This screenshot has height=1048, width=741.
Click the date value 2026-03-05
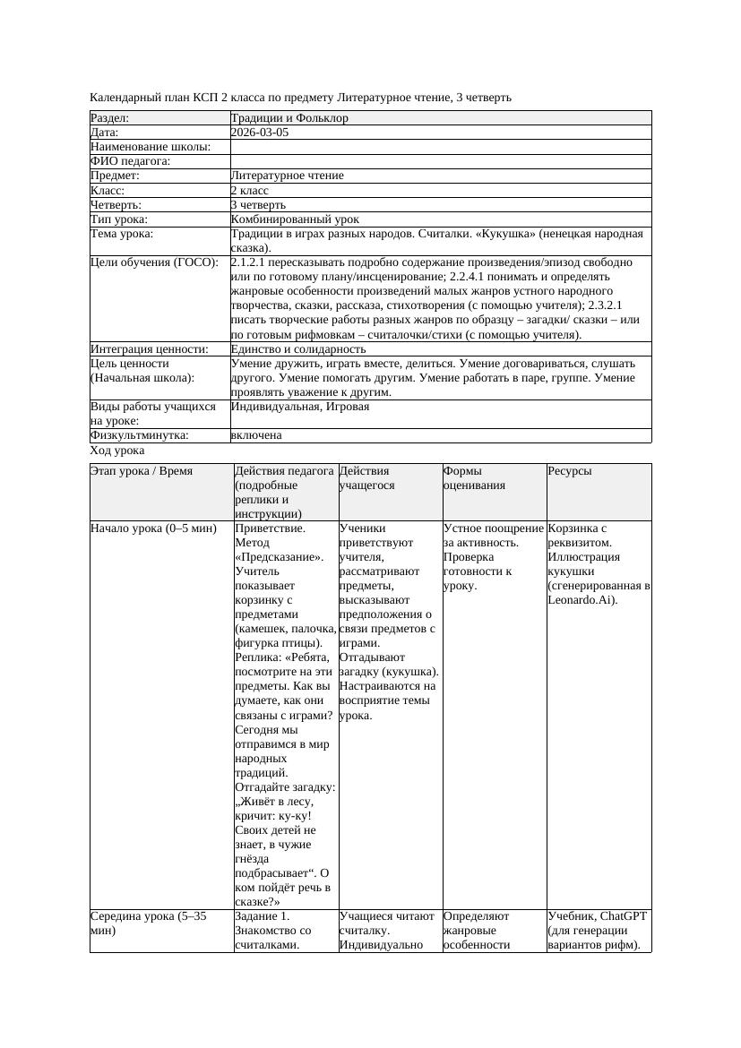pos(260,133)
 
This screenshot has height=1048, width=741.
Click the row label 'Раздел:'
pos(110,118)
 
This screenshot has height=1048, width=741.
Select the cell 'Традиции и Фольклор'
pos(289,118)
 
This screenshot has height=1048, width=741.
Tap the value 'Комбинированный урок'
pos(295,219)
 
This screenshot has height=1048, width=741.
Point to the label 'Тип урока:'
pos(119,219)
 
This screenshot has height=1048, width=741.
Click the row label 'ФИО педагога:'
pos(131,161)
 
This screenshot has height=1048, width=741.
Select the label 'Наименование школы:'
pos(151,147)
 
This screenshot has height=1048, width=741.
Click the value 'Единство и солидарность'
pos(298,349)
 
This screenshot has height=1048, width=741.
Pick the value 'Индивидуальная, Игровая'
pos(300,407)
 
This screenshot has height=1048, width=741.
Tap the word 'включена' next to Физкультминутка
pos(256,435)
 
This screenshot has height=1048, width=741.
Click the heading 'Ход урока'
pos(117,451)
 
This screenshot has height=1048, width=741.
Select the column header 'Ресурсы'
pos(569,471)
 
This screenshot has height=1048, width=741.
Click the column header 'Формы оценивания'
pos(475,478)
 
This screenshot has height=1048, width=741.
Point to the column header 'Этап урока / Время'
pos(142,471)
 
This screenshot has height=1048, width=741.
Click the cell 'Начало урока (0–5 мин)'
pos(154,528)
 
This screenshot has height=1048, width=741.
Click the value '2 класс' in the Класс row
pos(250,191)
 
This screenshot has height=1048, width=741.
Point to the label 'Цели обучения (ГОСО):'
pos(155,262)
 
